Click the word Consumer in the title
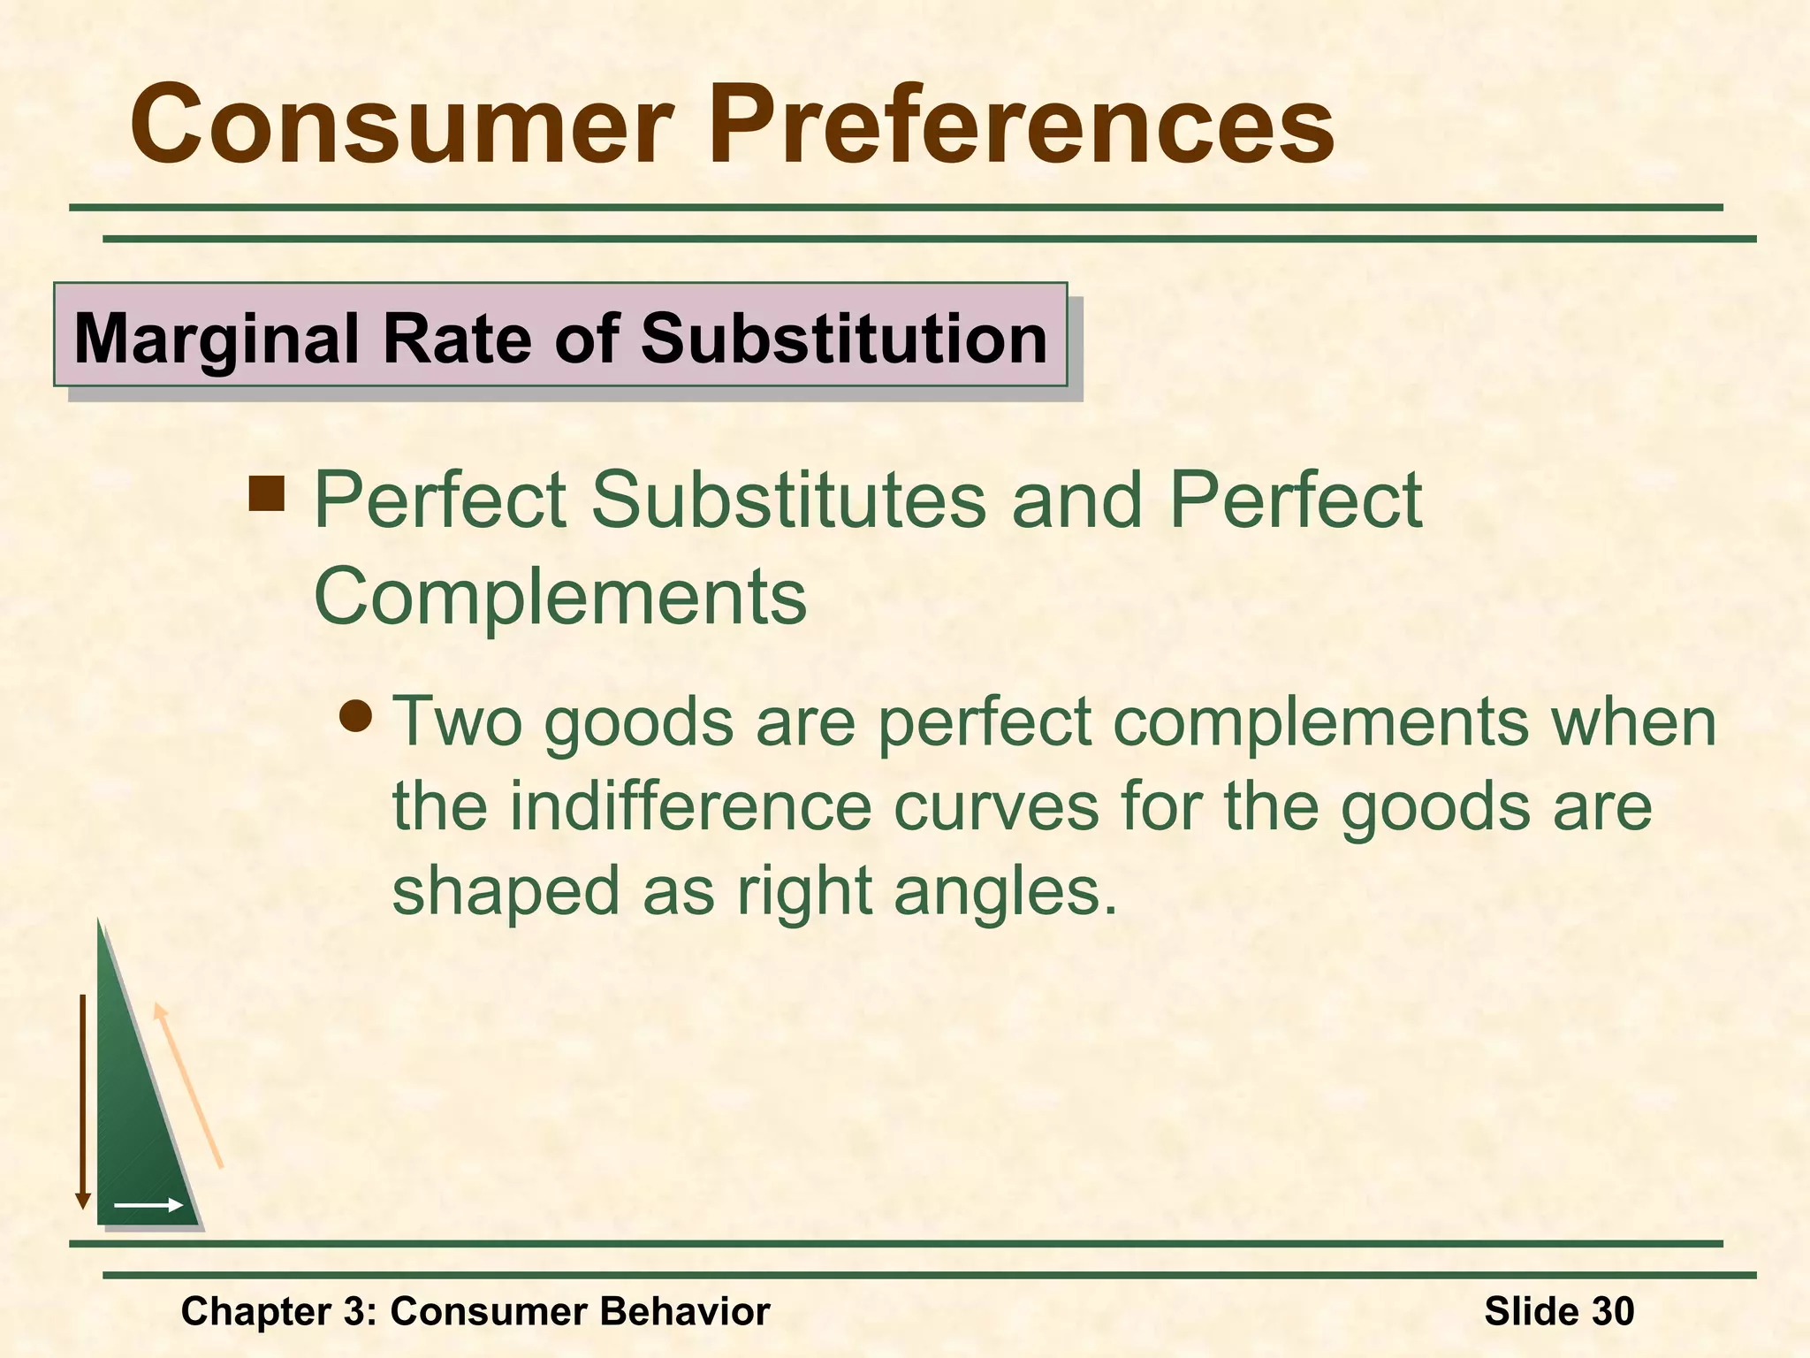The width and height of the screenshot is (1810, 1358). [x=402, y=126]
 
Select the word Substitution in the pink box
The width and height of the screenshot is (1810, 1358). [x=844, y=339]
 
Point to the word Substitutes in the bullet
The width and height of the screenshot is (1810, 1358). [x=787, y=501]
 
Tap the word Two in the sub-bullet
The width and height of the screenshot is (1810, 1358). [x=456, y=722]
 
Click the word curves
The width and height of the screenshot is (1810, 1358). [x=996, y=808]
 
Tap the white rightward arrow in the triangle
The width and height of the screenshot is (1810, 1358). [x=148, y=1205]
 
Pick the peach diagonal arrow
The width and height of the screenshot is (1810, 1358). [x=188, y=1086]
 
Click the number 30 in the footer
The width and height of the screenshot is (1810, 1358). [x=1612, y=1311]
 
